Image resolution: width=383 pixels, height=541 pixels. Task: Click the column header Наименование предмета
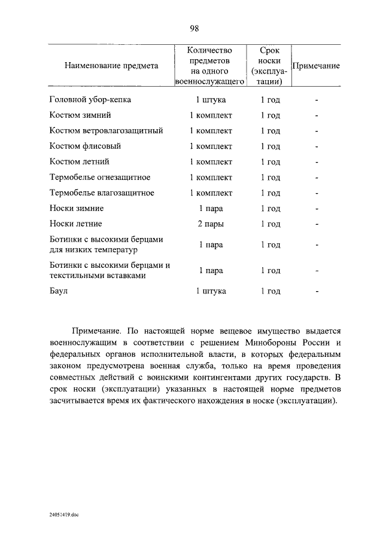click(111, 66)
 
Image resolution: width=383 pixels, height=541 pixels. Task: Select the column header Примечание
click(315, 66)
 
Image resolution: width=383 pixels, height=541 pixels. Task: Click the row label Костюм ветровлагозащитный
click(106, 131)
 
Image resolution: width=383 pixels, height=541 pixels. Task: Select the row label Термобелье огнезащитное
click(99, 178)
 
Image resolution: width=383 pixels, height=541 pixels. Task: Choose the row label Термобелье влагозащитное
click(102, 193)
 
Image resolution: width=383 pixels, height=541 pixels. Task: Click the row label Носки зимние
click(77, 209)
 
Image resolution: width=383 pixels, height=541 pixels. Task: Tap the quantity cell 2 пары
click(211, 224)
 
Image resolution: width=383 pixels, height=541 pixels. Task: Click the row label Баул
click(59, 291)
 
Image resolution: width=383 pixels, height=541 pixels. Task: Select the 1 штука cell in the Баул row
click(211, 291)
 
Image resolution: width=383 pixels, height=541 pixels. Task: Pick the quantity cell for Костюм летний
click(211, 162)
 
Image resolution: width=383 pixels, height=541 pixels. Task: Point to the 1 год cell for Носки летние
click(270, 224)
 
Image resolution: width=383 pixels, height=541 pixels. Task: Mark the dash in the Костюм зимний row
click(317, 115)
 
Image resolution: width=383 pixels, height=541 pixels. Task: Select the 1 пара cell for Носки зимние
click(211, 209)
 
